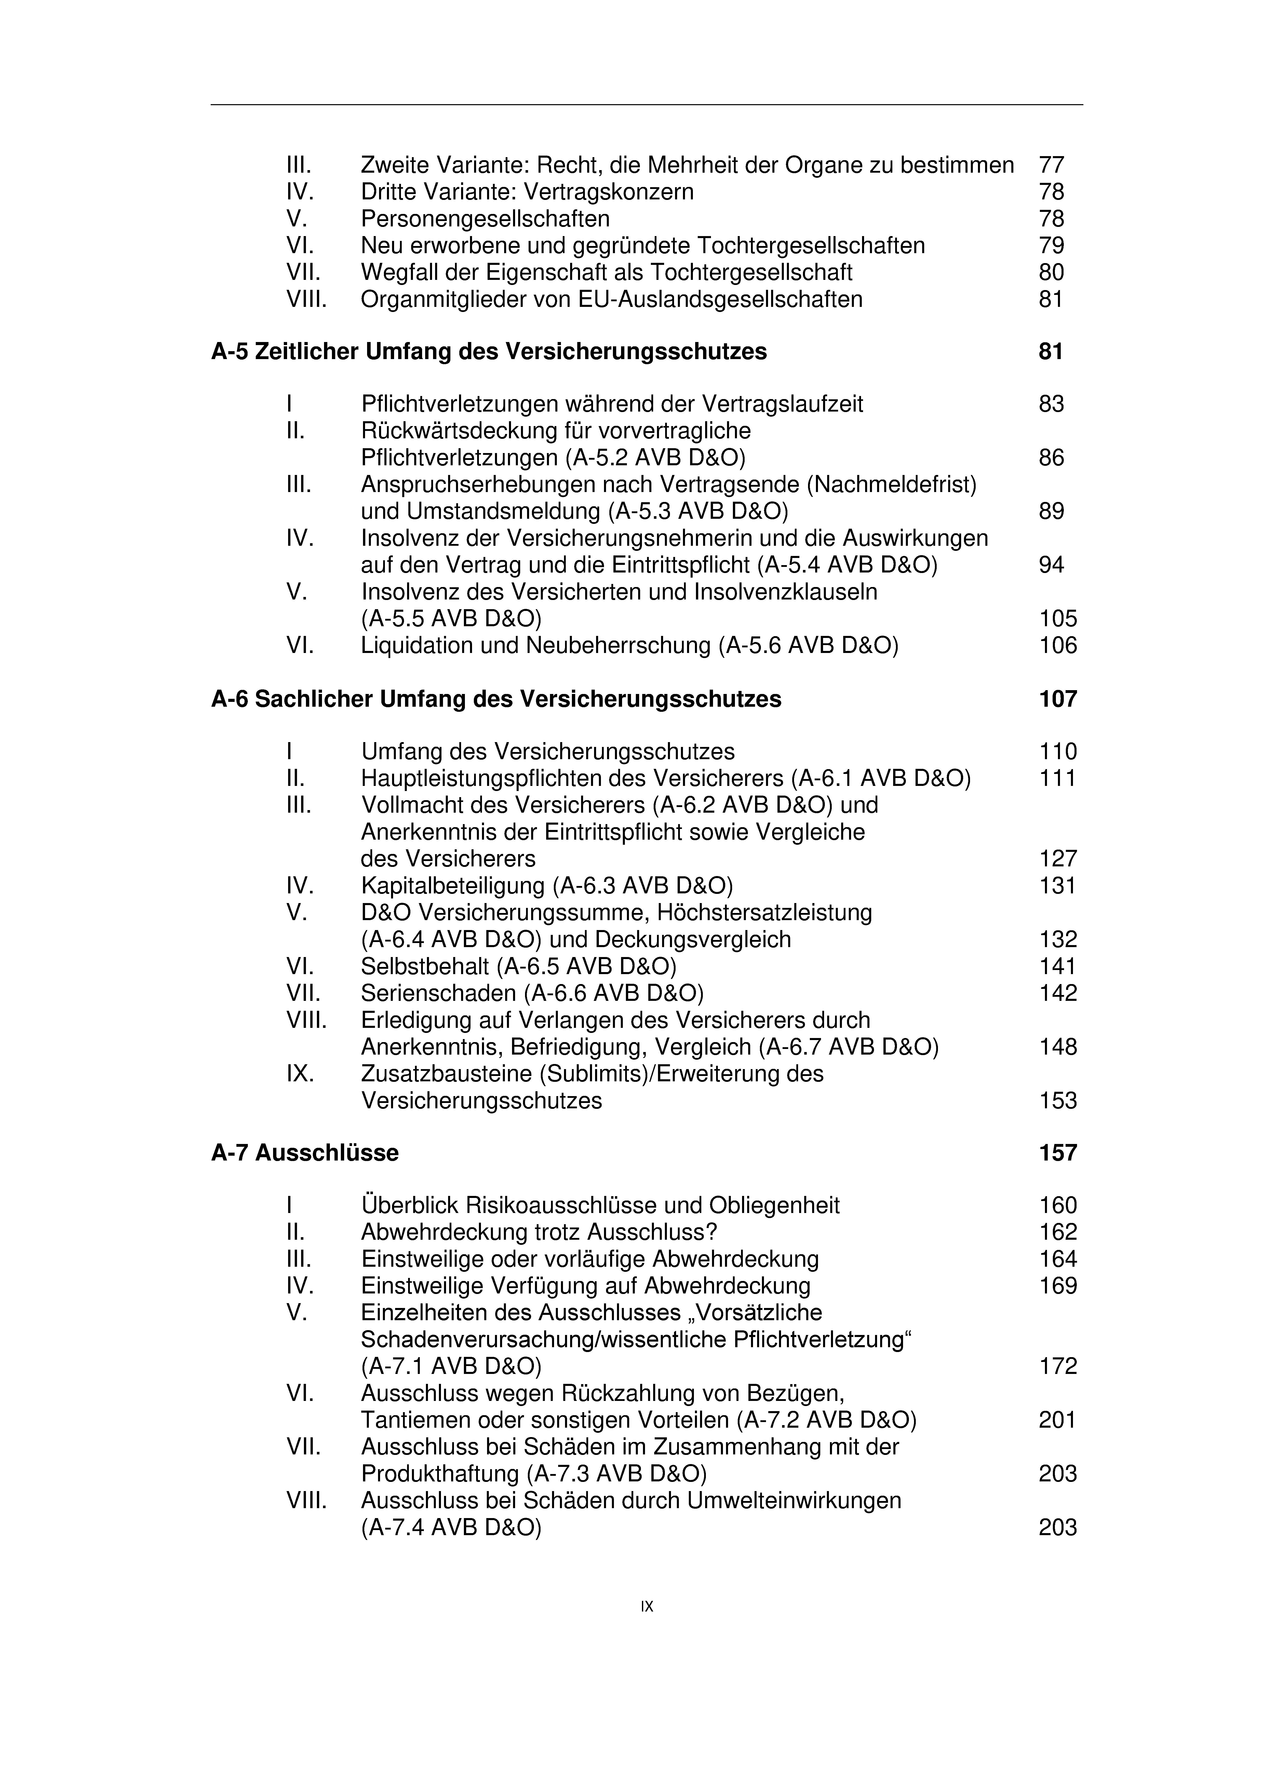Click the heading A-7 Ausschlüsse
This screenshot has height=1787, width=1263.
point(304,1153)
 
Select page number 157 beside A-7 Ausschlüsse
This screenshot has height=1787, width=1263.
point(1057,1153)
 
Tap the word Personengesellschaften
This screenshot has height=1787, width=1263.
point(485,219)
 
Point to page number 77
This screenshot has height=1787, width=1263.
point(1051,165)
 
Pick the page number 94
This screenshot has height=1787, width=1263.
point(1051,565)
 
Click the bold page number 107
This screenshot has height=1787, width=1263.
point(1057,699)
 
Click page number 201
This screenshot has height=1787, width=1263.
point(1057,1421)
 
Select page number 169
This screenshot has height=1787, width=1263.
point(1057,1286)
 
